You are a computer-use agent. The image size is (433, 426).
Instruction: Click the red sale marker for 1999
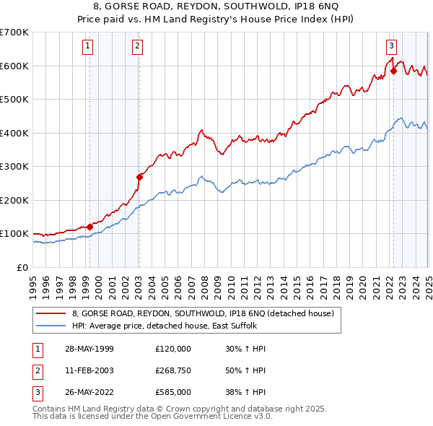coord(90,227)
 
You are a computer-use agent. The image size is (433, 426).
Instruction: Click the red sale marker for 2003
coord(139,176)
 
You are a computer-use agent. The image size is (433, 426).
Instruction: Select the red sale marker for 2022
coord(393,71)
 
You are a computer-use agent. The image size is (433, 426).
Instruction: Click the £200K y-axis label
coord(14,200)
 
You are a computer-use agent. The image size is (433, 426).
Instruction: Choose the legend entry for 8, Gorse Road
coord(203,313)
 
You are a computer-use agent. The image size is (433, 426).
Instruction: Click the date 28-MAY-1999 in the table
coord(89,349)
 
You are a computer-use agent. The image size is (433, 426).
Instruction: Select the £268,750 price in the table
coord(173,371)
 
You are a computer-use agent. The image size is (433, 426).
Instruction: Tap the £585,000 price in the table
coord(173,393)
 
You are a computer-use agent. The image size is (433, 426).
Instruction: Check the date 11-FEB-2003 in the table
coord(89,371)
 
